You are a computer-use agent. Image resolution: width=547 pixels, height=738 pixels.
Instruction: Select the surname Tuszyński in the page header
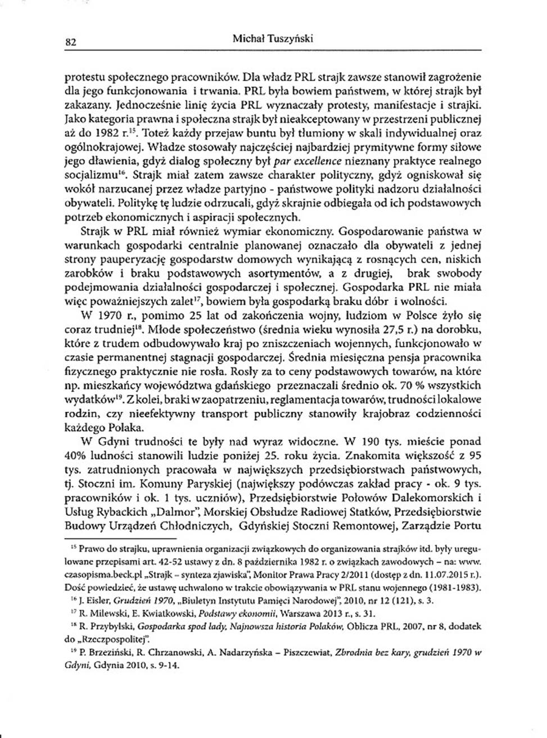pyautogui.click(x=290, y=39)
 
